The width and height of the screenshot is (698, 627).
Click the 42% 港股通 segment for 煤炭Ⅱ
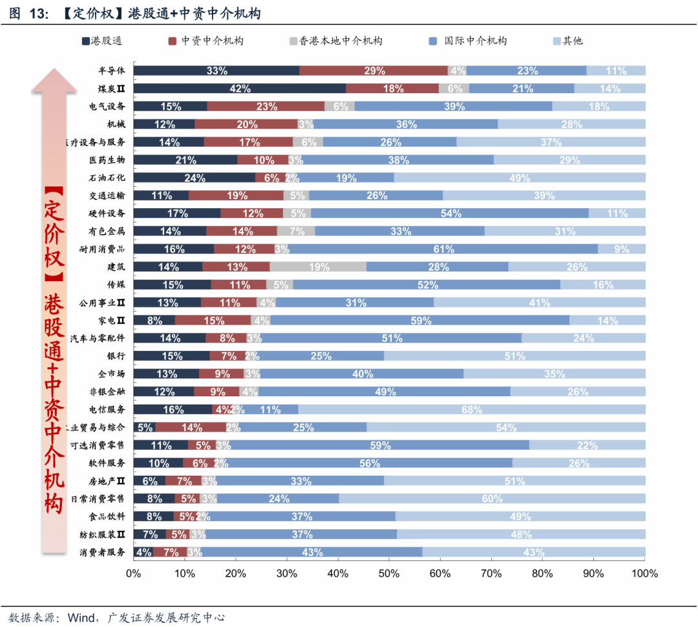pyautogui.click(x=240, y=89)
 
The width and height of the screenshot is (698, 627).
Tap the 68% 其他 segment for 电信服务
pyautogui.click(x=472, y=409)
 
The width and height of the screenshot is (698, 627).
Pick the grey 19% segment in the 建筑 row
pyautogui.click(x=318, y=266)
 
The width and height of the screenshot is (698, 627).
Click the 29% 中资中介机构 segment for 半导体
pyautogui.click(x=374, y=71)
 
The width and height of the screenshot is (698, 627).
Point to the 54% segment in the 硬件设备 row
pyautogui.click(x=450, y=213)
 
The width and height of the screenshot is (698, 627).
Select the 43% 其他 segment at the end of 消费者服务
pyautogui.click(x=534, y=552)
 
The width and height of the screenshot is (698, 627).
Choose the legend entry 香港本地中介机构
pyautogui.click(x=336, y=41)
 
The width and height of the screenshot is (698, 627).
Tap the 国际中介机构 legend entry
pyautogui.click(x=469, y=41)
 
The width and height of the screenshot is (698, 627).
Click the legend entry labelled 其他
pyautogui.click(x=568, y=41)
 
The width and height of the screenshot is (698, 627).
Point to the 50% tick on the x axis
pyautogui.click(x=389, y=573)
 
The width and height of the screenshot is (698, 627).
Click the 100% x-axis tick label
pyautogui.click(x=644, y=573)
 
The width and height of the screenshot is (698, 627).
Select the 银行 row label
pyautogui.click(x=116, y=356)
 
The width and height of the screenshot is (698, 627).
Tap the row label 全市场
pyautogui.click(x=111, y=374)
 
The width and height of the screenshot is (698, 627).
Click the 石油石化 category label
pyautogui.click(x=107, y=178)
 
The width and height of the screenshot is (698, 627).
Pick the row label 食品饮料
pyautogui.click(x=107, y=516)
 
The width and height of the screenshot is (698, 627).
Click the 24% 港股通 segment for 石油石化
pyautogui.click(x=195, y=178)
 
